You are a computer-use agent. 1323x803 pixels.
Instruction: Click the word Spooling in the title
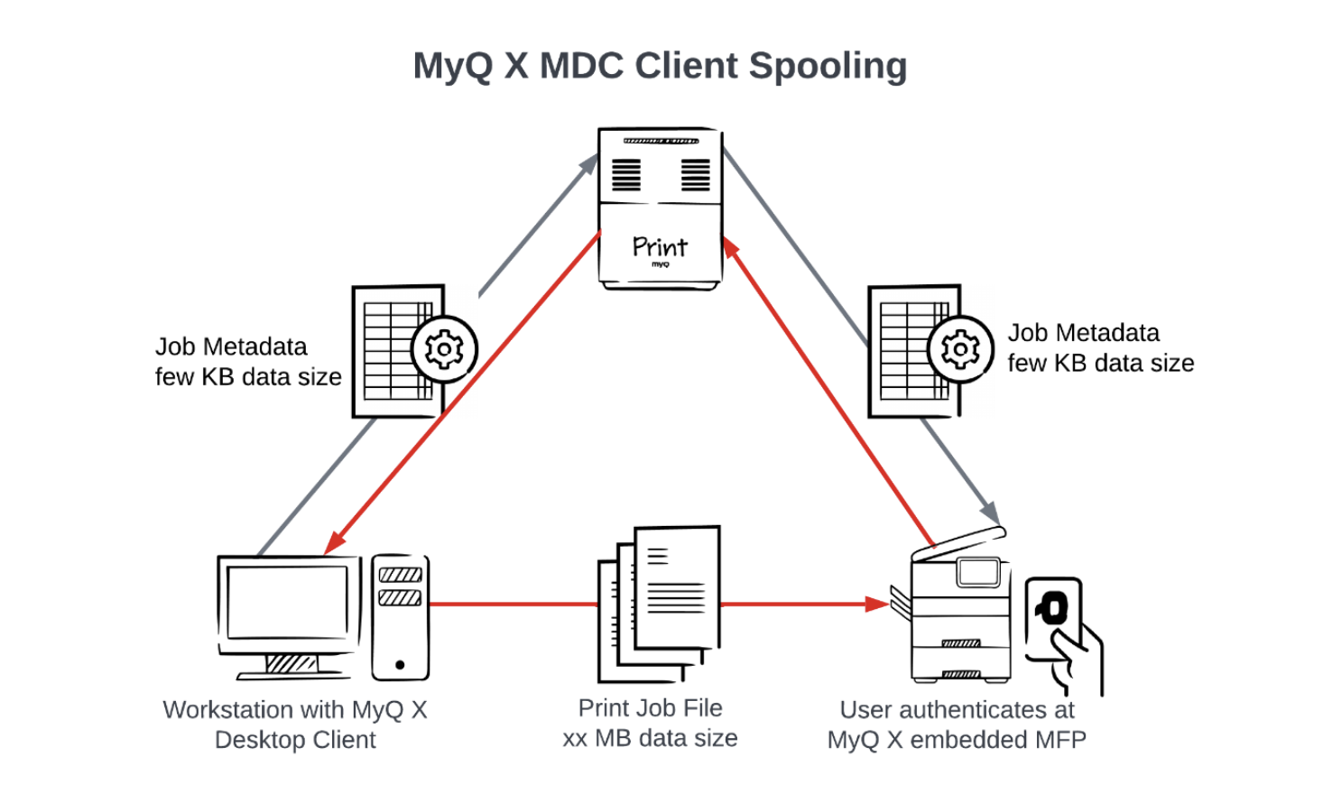point(828,67)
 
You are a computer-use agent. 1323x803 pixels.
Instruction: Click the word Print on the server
point(660,247)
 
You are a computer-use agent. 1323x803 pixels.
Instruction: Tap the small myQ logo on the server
point(661,264)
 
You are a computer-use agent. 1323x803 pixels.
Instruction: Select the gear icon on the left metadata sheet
point(444,349)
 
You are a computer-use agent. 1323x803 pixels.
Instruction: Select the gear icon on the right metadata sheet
point(960,349)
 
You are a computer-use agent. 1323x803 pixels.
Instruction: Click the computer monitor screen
point(288,603)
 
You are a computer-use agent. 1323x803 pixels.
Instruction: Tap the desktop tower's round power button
point(400,665)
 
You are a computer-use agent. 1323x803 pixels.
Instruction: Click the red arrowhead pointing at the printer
point(878,604)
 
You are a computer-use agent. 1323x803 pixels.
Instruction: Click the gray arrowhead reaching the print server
point(588,163)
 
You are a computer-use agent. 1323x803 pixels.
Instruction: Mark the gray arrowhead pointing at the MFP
point(991,512)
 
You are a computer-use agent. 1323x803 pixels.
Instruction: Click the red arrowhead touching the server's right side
point(731,247)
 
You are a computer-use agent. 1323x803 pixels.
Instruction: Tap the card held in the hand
point(1054,618)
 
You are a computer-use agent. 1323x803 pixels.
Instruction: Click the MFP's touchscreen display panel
point(978,571)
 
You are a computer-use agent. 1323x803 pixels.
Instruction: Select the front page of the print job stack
point(678,586)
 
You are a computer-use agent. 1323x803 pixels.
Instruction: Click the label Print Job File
point(651,708)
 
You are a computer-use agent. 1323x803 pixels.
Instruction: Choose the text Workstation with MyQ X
point(295,710)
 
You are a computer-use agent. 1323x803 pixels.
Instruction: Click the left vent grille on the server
point(626,175)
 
